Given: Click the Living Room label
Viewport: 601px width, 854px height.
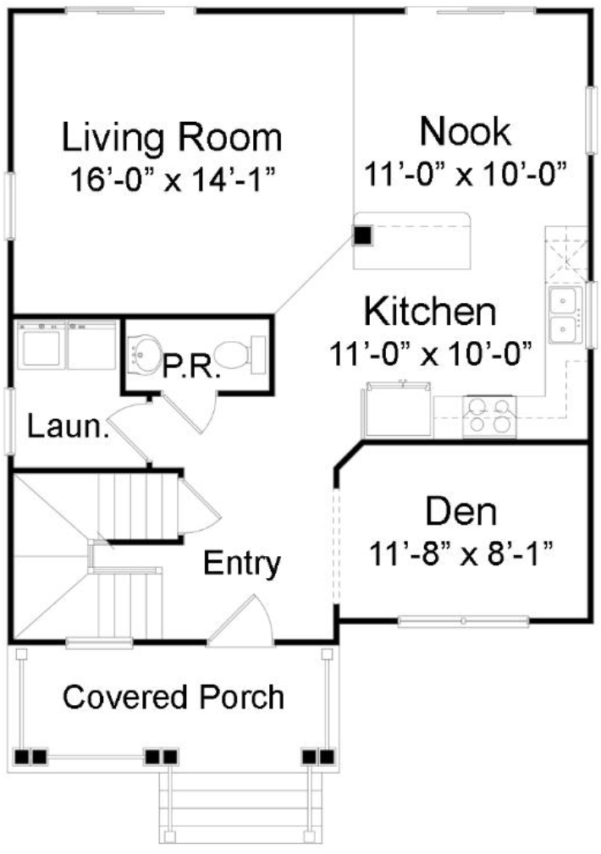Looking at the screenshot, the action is coord(172,137).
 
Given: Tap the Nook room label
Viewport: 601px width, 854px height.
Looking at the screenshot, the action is coord(466,131).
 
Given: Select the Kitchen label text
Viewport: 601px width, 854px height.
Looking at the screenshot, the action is coord(430,311).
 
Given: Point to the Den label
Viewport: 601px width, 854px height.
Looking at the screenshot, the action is coord(461,511).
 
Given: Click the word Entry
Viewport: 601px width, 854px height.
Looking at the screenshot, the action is coord(242,563).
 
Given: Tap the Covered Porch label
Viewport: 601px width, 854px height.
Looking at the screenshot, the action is coord(174,697).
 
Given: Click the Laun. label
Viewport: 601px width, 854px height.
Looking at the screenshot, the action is coord(68,427).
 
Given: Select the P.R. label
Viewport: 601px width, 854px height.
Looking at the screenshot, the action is coord(191,368).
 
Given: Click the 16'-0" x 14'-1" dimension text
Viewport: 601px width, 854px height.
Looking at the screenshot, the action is coord(172,179).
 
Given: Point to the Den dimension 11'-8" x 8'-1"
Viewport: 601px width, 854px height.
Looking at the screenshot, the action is coord(461,554).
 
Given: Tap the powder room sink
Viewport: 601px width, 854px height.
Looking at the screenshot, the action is coord(144,355).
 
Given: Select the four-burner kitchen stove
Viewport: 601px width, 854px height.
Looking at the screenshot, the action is coord(488,416).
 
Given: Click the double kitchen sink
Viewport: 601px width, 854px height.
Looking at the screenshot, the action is coord(565,316).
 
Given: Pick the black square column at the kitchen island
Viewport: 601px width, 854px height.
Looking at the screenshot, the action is coord(362,236).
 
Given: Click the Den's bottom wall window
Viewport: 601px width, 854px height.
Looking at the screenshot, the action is coord(463,621).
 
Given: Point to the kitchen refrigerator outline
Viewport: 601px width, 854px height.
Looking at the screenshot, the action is coord(399,409).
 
